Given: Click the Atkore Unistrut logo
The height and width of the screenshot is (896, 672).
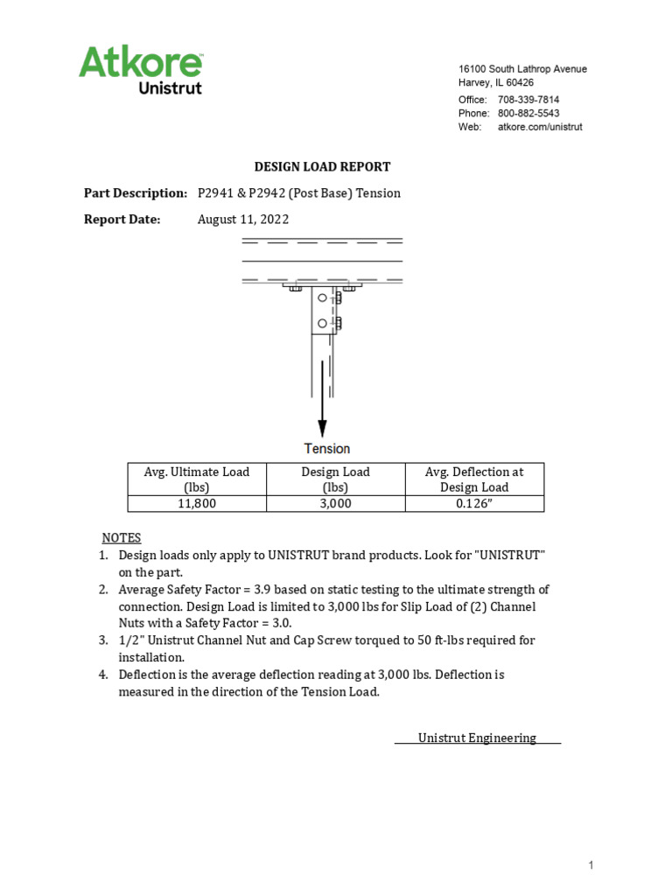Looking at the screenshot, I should pyautogui.click(x=141, y=70).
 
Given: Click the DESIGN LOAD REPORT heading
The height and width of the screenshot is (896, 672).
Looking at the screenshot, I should pyautogui.click(x=322, y=166).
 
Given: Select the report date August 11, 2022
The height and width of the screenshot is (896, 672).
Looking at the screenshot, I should pyautogui.click(x=242, y=220).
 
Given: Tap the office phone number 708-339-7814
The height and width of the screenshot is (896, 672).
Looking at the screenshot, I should pyautogui.click(x=528, y=100).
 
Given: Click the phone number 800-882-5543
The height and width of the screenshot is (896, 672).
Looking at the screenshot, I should pyautogui.click(x=528, y=113).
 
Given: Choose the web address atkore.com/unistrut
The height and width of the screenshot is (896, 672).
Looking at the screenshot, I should pyautogui.click(x=540, y=127).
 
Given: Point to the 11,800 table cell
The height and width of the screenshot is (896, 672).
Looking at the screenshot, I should pyautogui.click(x=197, y=504).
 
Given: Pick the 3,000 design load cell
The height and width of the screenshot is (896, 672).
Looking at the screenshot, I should pyautogui.click(x=335, y=504).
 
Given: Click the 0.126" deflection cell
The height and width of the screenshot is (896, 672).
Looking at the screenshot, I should pyautogui.click(x=473, y=504).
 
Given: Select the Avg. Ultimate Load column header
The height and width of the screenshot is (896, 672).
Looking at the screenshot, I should pyautogui.click(x=197, y=479).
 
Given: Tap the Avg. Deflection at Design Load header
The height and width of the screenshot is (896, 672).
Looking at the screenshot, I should pyautogui.click(x=473, y=479).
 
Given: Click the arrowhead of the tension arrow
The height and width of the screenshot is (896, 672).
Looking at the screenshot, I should pyautogui.click(x=322, y=428).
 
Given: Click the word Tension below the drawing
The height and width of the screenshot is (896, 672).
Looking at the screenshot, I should pyautogui.click(x=327, y=449).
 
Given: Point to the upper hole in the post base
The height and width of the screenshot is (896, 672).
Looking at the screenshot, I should pyautogui.click(x=322, y=298).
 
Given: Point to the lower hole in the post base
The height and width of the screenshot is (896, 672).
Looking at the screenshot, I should pyautogui.click(x=322, y=324).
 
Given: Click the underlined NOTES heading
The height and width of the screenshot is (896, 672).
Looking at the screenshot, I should pyautogui.click(x=121, y=537).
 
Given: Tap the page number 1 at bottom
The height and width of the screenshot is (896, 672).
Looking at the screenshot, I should pyautogui.click(x=591, y=865).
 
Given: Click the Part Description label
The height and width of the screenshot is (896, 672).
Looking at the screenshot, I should pyautogui.click(x=136, y=193).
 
